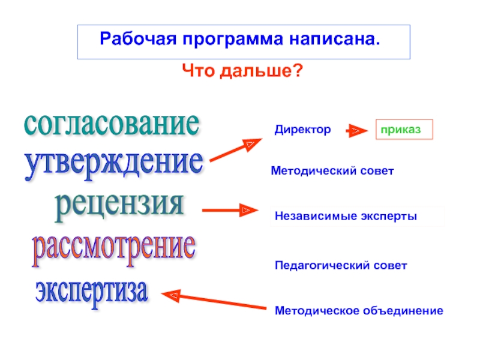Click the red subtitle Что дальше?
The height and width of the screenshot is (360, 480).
click(x=242, y=71)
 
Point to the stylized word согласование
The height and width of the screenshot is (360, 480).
click(x=111, y=123)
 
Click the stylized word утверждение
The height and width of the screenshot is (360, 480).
click(x=113, y=163)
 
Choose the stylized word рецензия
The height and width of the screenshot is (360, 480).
click(x=119, y=204)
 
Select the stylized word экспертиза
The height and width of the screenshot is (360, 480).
click(x=91, y=290)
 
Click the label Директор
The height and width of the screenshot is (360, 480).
click(x=302, y=129)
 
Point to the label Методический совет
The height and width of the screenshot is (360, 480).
click(x=332, y=171)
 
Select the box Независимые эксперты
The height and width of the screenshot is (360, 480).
click(x=346, y=215)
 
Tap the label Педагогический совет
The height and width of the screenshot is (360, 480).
click(x=341, y=265)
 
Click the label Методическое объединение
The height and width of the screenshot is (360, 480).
click(x=359, y=310)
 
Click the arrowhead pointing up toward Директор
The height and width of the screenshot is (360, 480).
click(x=251, y=145)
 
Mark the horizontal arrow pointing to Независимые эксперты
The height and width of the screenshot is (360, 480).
click(x=229, y=211)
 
